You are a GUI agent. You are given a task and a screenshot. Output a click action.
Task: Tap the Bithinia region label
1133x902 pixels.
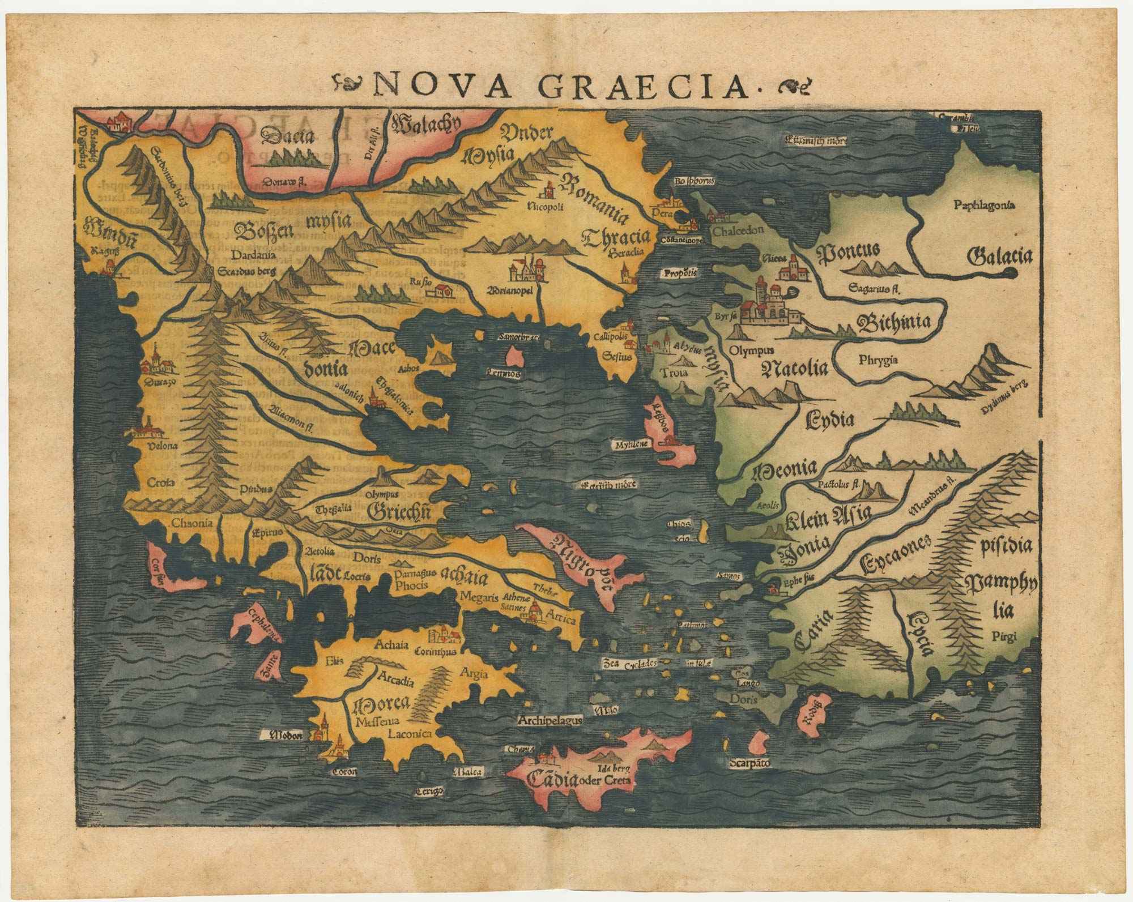[894, 323]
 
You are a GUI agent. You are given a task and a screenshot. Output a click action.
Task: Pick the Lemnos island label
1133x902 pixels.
[502, 374]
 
